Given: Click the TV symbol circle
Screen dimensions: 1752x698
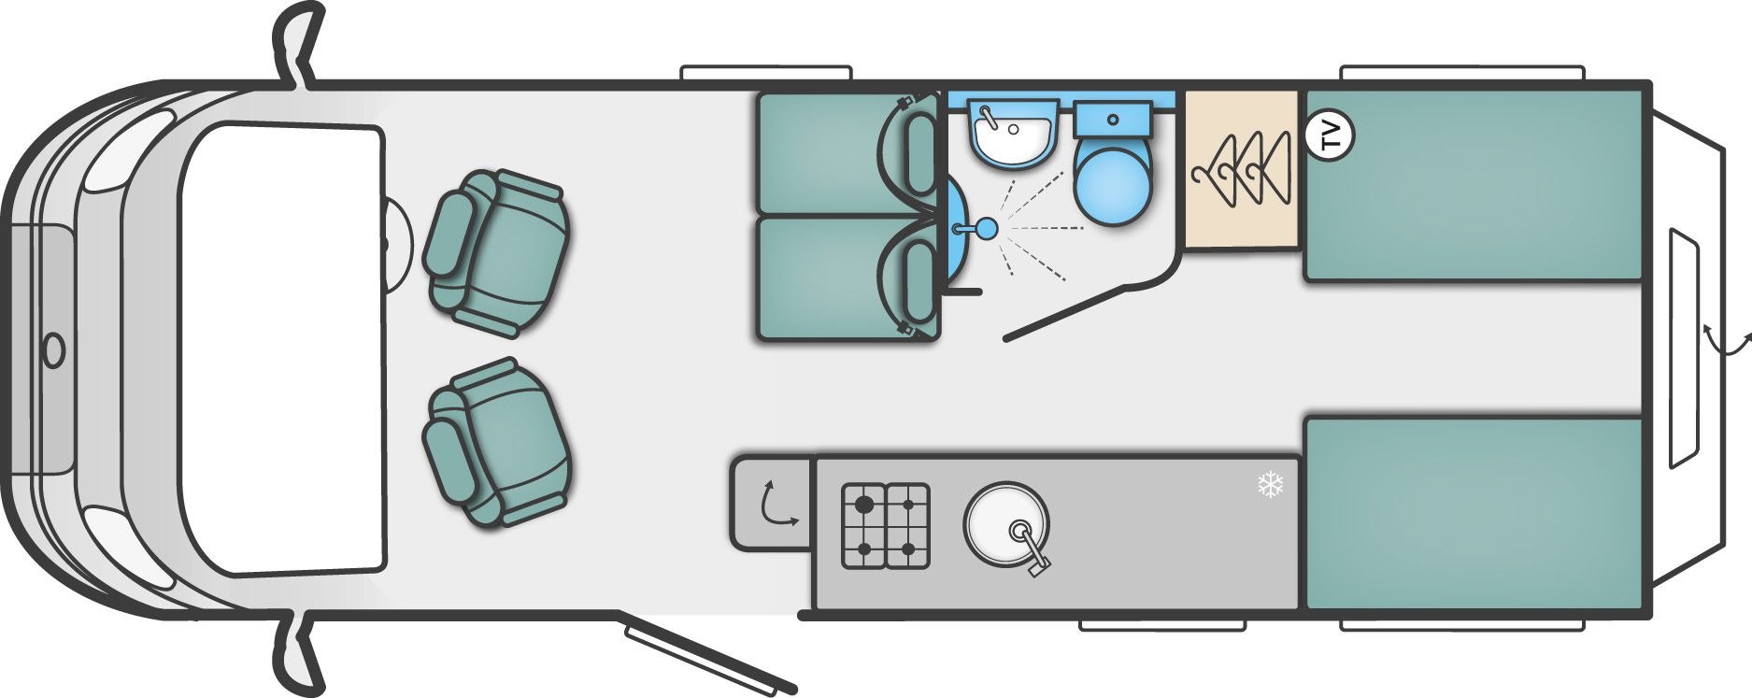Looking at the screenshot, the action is tap(1329, 135).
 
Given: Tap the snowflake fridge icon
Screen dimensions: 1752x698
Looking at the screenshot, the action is tap(1271, 484).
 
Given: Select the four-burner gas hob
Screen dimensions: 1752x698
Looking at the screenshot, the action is tap(885, 525).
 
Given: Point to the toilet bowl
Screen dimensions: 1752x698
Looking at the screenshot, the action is tap(1109, 183).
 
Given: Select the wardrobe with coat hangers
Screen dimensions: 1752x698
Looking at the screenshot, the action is tap(1242, 168).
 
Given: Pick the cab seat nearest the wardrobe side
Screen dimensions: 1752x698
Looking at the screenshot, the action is tap(495, 252).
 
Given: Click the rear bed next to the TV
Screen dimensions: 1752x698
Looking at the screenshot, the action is tap(1474, 185).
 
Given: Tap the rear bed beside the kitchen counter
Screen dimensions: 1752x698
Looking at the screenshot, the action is tap(1474, 513).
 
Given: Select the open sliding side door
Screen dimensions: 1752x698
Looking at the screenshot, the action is tap(710, 658).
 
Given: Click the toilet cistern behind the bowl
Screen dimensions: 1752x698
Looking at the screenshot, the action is tap(1112, 120).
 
